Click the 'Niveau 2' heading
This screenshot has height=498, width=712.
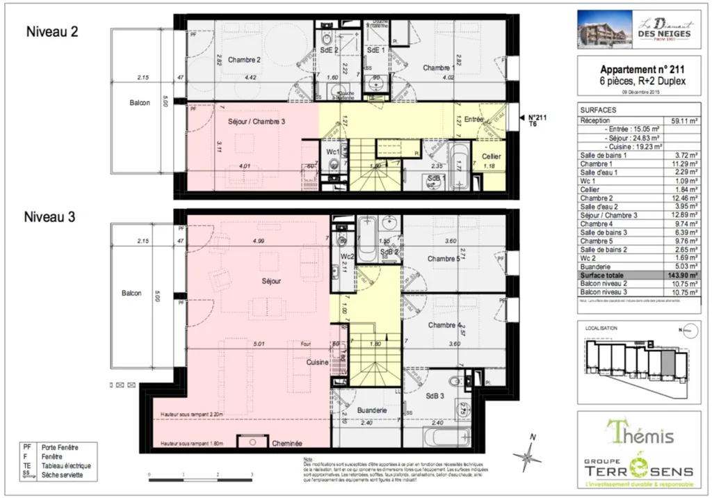point(51,31)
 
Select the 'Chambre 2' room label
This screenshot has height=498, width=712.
point(244,60)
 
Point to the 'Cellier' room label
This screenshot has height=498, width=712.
point(491,157)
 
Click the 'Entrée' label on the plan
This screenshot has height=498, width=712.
point(474,120)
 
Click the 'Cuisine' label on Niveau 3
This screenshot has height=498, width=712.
point(317,362)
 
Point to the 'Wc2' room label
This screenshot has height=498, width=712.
point(348,257)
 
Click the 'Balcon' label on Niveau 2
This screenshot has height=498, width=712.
point(140,103)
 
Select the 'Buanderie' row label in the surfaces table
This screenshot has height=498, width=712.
point(595,266)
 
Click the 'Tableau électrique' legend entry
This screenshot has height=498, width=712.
point(66,465)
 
